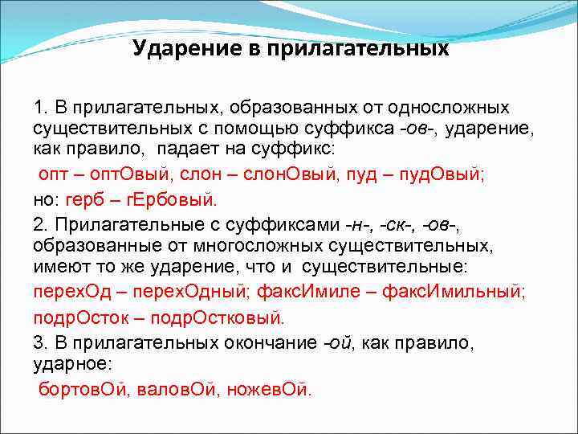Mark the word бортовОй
click(84, 389)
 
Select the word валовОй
click(175, 389)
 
